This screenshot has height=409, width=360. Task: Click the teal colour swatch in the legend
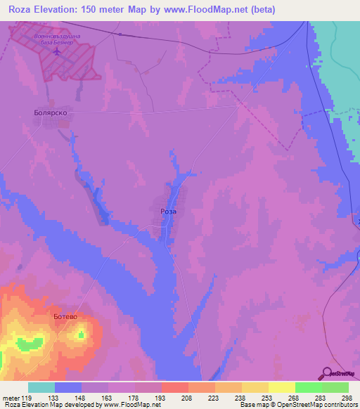point(41,387)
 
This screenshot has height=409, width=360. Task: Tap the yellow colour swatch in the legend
point(281,387)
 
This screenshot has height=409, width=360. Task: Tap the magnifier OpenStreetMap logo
point(328,374)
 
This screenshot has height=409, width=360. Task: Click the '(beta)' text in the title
point(259,9)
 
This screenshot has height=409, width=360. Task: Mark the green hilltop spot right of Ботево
point(81,335)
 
